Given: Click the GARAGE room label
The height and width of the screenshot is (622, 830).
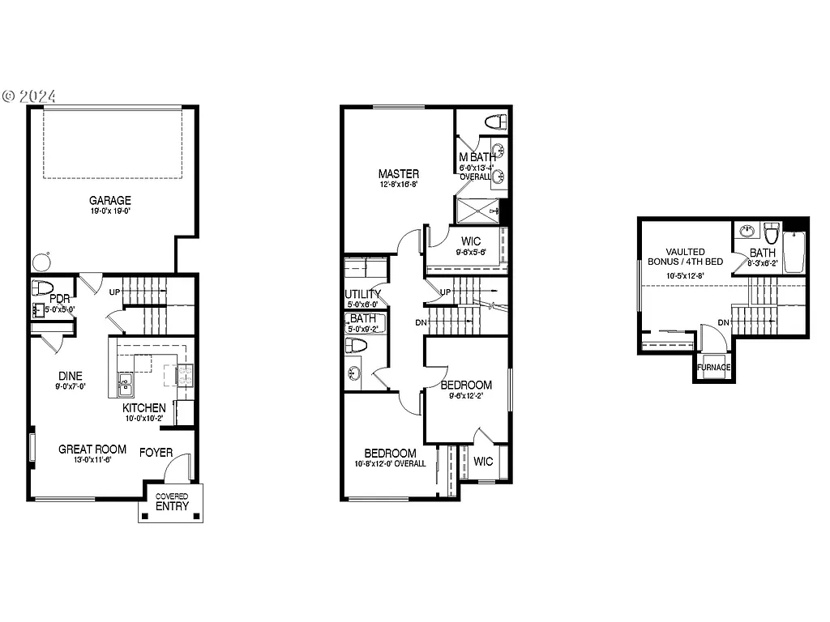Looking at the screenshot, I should [x=110, y=200].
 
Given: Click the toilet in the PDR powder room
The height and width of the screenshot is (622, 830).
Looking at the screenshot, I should [x=41, y=288].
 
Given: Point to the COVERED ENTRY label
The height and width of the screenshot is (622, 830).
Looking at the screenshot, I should [x=171, y=501].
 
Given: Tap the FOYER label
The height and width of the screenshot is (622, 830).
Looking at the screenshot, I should [x=156, y=453].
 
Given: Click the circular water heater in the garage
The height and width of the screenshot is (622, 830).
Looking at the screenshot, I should [x=40, y=262].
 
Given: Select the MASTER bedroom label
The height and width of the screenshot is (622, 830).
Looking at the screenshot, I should [x=398, y=174].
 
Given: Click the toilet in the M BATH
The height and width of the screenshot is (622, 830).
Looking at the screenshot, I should [x=494, y=122].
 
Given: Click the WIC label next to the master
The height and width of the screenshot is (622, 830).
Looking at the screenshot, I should [x=471, y=241].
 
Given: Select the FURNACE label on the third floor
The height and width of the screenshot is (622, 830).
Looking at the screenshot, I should [x=714, y=368].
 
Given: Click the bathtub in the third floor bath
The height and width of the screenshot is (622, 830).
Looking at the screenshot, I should [x=794, y=250].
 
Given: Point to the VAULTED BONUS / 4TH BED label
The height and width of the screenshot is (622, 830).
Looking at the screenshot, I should [x=685, y=257].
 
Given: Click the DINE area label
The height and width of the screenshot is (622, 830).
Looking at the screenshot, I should [x=70, y=376].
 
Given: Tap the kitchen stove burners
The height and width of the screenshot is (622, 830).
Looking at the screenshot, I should [x=184, y=374].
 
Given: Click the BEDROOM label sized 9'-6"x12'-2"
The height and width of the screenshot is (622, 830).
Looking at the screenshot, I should [x=466, y=385].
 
